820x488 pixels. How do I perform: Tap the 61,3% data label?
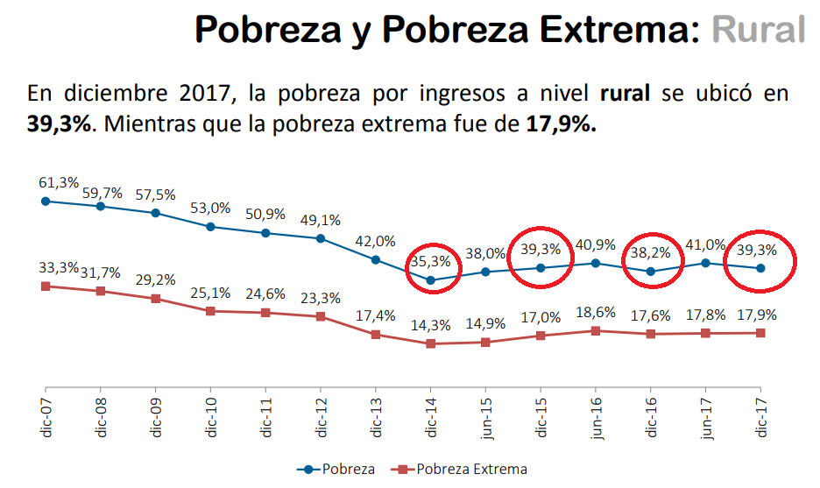pos(59,183)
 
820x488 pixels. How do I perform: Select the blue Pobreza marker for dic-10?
pos(210,226)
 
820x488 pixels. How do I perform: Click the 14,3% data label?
pos(430,325)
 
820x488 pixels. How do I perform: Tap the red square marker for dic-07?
pos(46,286)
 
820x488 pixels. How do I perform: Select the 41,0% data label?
pos(706,245)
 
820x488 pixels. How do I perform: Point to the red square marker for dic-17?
pos(760,333)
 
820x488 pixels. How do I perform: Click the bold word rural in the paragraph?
pos(625,94)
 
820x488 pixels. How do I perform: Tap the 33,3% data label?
pos(59,268)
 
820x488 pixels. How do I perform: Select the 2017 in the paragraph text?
pos(209,94)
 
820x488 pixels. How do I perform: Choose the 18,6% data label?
pos(596,312)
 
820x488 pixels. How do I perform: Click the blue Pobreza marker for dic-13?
pos(376,259)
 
